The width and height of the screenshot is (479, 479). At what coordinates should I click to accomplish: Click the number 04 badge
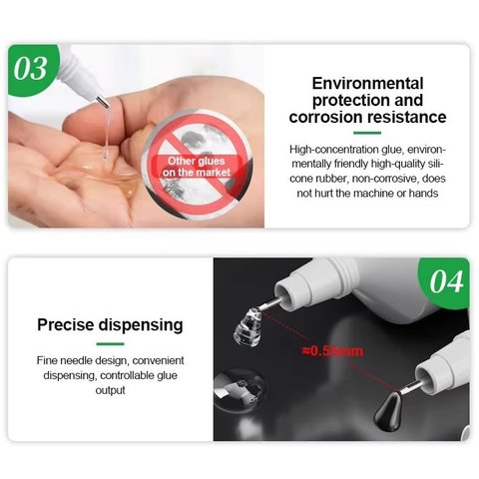click(445, 282)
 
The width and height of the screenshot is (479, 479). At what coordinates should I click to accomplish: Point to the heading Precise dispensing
click(110, 324)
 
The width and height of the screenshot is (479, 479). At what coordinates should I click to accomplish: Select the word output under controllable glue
click(111, 389)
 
